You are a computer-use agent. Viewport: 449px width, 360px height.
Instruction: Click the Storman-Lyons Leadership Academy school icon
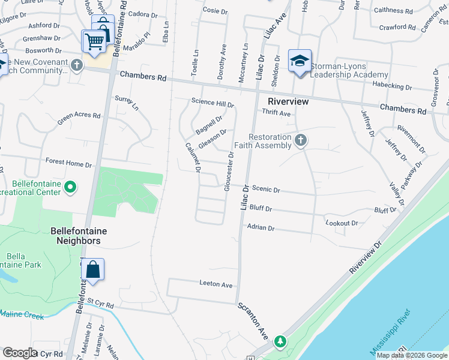(300, 61)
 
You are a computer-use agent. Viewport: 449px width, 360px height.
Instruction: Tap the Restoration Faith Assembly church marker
(301, 140)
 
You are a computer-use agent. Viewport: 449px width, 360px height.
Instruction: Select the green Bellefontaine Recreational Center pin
(70, 188)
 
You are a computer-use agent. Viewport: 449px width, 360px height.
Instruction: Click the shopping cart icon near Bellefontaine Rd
(94, 42)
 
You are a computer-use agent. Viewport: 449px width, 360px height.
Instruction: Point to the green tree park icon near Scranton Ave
(280, 342)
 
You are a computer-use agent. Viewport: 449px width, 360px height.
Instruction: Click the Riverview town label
(288, 101)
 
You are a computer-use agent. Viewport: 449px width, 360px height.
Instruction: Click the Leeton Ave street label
(216, 284)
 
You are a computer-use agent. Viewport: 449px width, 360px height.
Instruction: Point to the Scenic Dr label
(266, 190)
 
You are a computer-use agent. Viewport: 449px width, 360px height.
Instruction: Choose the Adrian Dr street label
(261, 228)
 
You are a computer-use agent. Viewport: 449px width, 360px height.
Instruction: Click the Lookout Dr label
(342, 223)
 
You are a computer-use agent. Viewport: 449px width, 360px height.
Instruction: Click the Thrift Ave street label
(276, 113)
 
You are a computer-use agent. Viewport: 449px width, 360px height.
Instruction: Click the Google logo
(20, 353)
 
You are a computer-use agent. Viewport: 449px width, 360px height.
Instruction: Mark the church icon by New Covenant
(77, 65)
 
